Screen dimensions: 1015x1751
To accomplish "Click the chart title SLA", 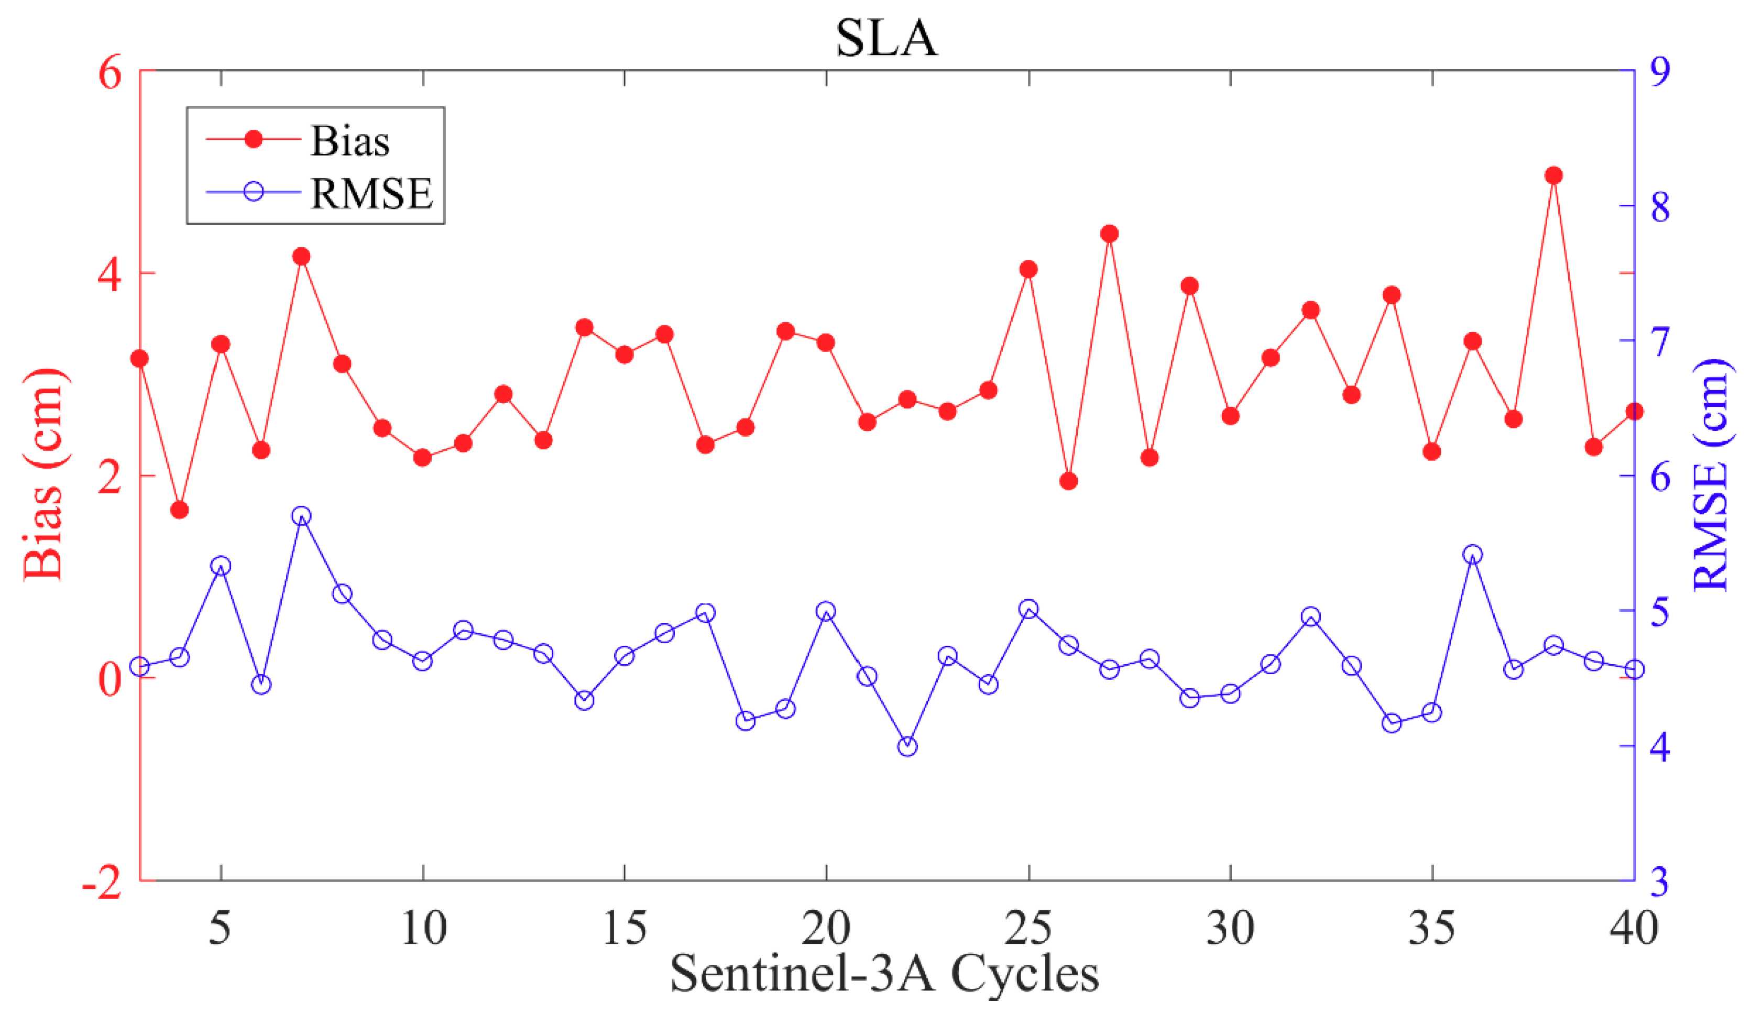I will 886,38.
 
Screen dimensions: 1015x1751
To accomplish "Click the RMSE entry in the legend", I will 371,193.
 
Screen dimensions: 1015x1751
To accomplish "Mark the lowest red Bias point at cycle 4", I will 180,510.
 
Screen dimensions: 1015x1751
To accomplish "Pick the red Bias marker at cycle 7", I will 302,256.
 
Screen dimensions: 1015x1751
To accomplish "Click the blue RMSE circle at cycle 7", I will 302,515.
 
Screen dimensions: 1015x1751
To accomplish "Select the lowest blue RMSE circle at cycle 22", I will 907,747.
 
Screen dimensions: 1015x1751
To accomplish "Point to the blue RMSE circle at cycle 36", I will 1472,555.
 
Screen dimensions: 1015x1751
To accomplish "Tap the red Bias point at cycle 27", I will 1109,234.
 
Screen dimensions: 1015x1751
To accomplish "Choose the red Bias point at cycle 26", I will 1069,481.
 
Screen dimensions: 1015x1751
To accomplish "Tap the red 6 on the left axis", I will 110,73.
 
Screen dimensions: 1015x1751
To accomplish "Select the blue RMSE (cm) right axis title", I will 1710,475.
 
